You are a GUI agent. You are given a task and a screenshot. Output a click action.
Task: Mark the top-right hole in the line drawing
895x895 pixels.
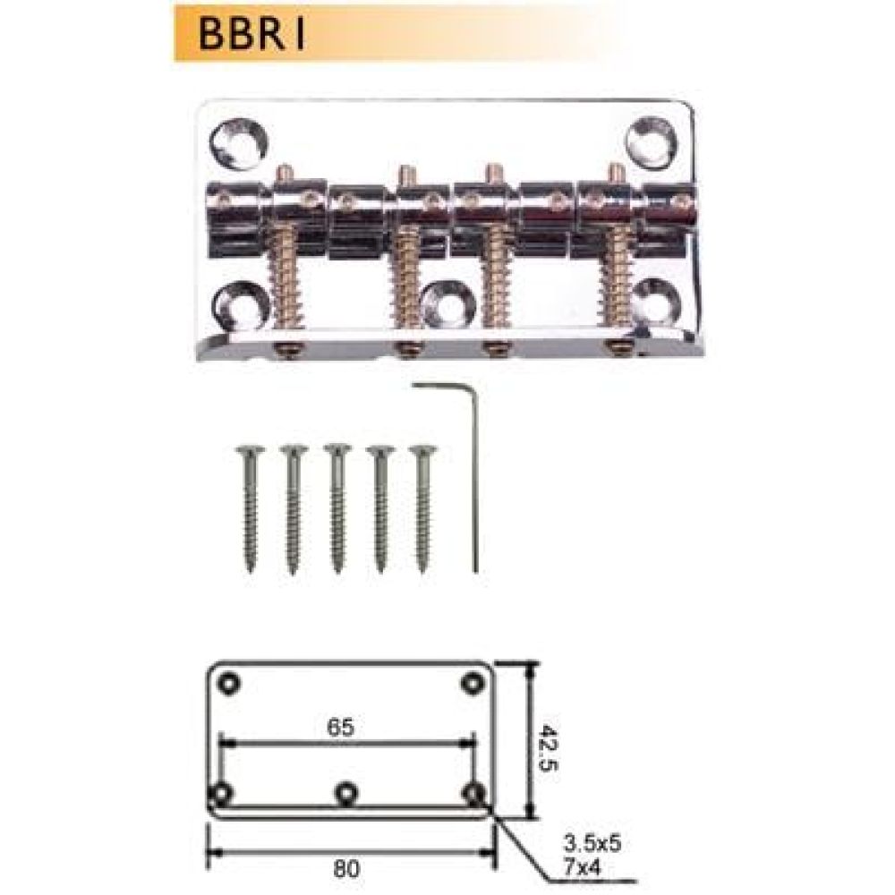point(470,684)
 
